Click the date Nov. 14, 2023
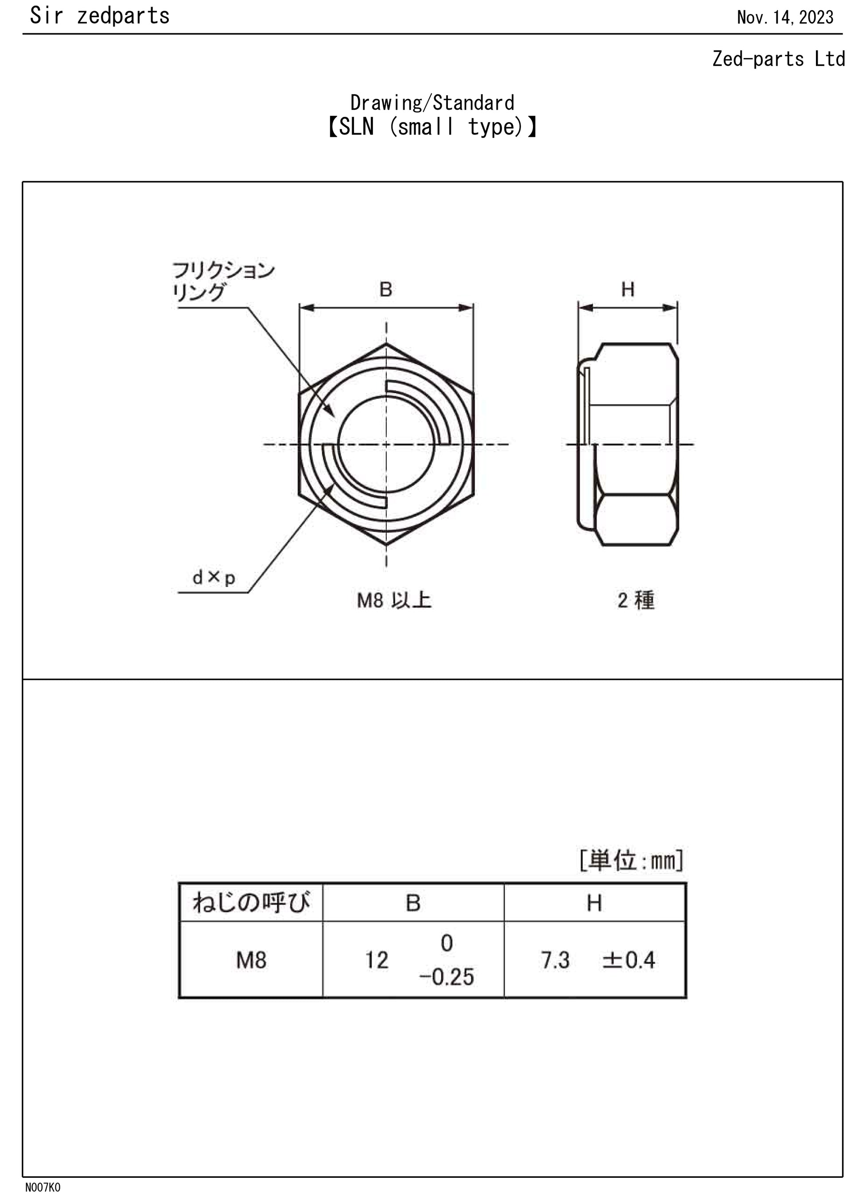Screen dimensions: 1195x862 [x=784, y=17]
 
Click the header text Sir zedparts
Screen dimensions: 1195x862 [x=100, y=16]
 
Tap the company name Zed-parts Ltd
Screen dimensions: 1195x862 [x=778, y=58]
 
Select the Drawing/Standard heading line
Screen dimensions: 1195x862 [x=432, y=103]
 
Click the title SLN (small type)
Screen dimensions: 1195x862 [x=432, y=127]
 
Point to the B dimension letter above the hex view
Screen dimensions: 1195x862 [x=385, y=289]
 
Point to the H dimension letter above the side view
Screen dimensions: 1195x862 [x=627, y=289]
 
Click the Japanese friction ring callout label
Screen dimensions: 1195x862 [x=223, y=281]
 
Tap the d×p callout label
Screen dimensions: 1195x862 [x=214, y=578]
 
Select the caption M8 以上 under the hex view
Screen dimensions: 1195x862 [x=394, y=600]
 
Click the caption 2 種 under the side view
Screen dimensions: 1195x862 [x=636, y=600]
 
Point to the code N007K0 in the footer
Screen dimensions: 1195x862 [x=43, y=1187]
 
